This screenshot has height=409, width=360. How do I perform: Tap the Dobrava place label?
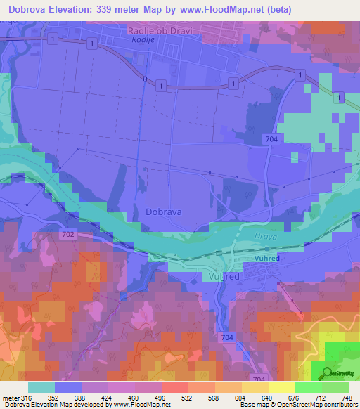(x=166, y=211)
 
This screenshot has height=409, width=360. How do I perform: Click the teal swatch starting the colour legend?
(x=41, y=388)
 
